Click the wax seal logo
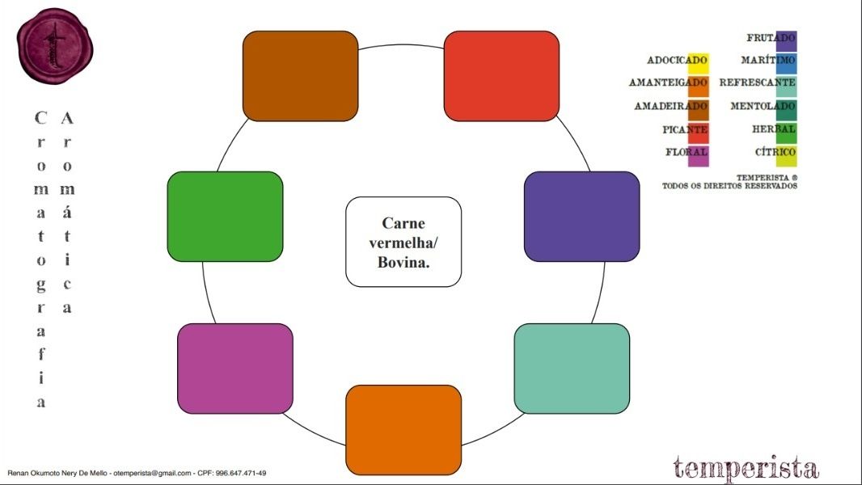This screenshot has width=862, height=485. [x=54, y=46]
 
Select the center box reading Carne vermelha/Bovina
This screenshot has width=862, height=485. [x=404, y=242]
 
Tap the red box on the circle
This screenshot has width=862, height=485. [x=501, y=76]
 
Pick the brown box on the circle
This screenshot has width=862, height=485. [x=300, y=76]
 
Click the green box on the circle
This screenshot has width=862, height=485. [x=225, y=217]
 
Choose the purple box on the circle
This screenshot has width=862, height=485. [x=581, y=217]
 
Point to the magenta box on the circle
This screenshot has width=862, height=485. [x=235, y=369]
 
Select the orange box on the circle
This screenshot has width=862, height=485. [x=404, y=430]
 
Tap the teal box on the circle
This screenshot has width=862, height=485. [x=572, y=369]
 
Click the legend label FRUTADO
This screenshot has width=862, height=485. [x=770, y=38]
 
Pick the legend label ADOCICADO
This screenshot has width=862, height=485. [x=676, y=61]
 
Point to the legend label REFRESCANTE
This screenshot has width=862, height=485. [x=756, y=82]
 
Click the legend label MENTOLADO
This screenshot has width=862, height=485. [x=762, y=106]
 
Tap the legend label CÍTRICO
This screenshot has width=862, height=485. [x=774, y=152]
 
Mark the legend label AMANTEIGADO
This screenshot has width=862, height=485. [x=667, y=82]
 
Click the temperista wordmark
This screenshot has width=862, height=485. [x=745, y=468]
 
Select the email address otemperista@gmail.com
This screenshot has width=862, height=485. [x=152, y=473]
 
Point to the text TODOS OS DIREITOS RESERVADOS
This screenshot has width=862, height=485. [x=729, y=186]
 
